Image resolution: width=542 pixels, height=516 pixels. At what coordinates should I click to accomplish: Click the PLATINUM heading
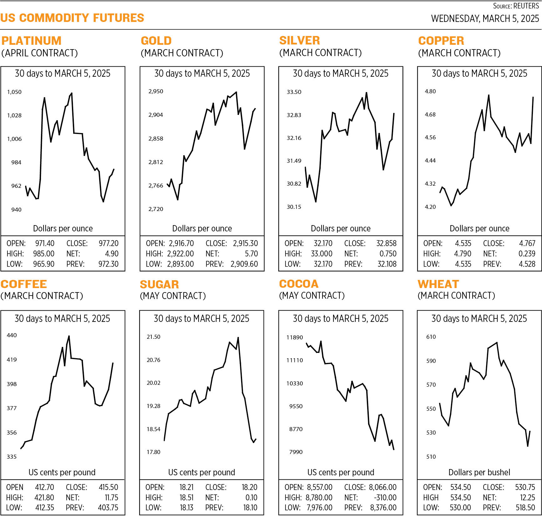31,41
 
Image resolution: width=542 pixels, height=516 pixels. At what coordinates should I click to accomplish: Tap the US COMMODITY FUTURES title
72,18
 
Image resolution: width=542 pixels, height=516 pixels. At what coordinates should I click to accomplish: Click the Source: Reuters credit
516,6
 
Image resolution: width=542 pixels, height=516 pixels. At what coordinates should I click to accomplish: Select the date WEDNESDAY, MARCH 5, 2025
485,18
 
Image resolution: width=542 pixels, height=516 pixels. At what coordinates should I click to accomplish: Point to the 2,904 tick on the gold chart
155,115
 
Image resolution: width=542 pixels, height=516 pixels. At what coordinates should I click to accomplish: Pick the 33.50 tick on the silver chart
294,92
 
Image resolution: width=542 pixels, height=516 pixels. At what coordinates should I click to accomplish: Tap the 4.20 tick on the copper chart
430,207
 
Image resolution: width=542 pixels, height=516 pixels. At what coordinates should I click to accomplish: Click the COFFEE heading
24,284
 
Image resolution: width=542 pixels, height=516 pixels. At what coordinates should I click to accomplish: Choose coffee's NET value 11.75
111,498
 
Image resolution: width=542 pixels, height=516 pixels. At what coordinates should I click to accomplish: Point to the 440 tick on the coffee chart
12,335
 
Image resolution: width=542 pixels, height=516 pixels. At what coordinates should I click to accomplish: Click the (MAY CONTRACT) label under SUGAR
173,296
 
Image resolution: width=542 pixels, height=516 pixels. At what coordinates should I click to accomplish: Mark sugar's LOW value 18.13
186,508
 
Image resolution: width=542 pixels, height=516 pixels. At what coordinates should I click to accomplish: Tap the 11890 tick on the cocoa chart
295,337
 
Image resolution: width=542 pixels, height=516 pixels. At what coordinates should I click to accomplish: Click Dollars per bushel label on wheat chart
479,472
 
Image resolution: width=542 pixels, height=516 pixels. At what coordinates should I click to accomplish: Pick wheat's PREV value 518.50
525,508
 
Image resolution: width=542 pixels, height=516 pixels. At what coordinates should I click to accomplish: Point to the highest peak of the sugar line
238,338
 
